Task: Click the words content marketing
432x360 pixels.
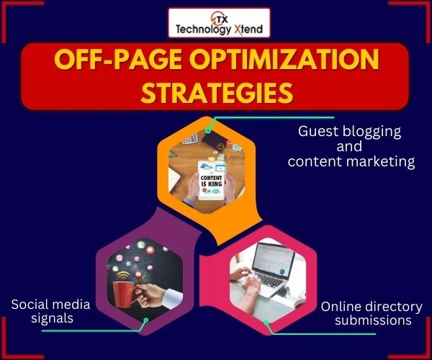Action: (x=351, y=162)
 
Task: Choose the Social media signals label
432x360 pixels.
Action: (x=41, y=312)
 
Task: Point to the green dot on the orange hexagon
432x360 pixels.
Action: (x=207, y=131)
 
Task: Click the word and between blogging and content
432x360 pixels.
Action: (x=350, y=147)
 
